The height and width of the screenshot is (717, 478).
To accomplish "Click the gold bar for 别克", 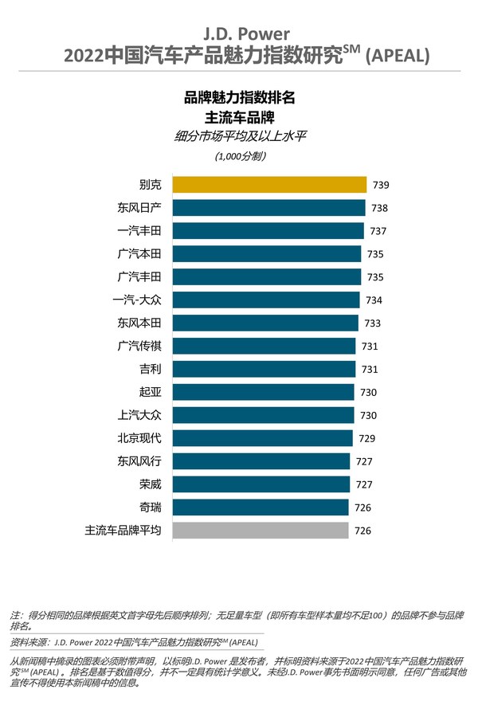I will (268, 185).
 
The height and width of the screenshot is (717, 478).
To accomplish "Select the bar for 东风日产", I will (267, 208).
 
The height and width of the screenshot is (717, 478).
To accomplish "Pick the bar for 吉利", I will (263, 369).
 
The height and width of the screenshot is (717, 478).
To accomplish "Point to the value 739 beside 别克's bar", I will (382, 185).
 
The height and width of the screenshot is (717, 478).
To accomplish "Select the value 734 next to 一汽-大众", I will (374, 300).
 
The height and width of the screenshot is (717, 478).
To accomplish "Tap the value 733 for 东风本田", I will (372, 323).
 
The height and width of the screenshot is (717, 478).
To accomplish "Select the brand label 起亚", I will (150, 392).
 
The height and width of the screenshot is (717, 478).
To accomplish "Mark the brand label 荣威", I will (150, 484).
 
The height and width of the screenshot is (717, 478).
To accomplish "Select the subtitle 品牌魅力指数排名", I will (240, 98).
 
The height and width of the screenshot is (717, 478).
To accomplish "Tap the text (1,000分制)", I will (240, 156).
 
